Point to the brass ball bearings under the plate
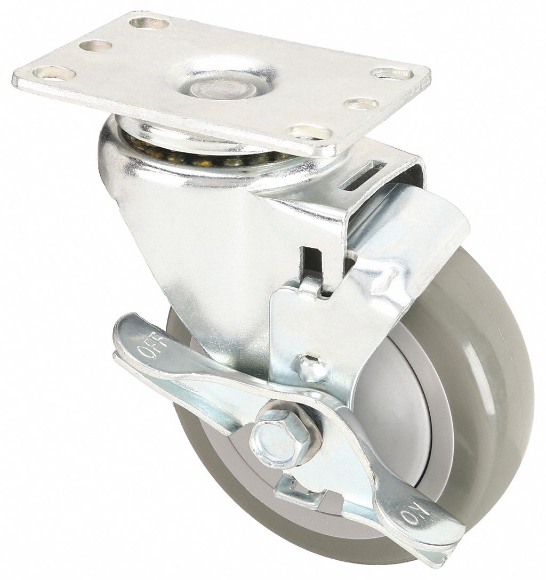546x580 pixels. coord(207,155)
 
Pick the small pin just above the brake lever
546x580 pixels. coord(309,365)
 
